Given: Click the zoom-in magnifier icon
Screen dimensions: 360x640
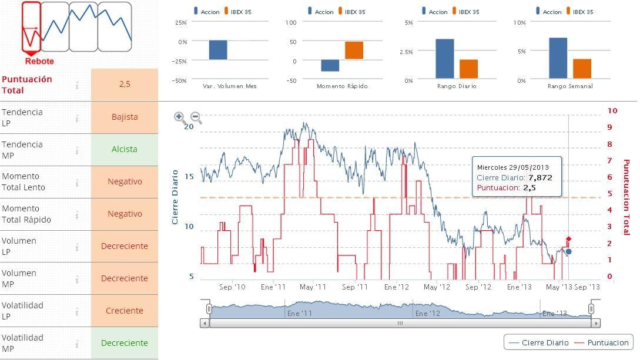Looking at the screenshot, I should pyautogui.click(x=180, y=117).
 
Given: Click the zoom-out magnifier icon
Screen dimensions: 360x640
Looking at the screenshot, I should pyautogui.click(x=196, y=117).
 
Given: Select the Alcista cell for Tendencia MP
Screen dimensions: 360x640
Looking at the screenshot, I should pyautogui.click(x=125, y=149).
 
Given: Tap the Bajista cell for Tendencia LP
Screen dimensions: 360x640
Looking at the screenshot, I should pyautogui.click(x=125, y=117).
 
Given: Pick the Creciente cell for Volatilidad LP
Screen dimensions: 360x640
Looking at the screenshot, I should pyautogui.click(x=125, y=311).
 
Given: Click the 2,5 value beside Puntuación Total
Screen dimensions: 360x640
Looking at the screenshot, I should pyautogui.click(x=125, y=84).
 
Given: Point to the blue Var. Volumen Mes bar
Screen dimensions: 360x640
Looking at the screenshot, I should pyautogui.click(x=218, y=50).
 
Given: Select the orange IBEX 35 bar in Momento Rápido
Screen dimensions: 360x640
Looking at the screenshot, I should pyautogui.click(x=354, y=51).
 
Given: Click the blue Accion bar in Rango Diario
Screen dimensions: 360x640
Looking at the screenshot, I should pyautogui.click(x=445, y=59).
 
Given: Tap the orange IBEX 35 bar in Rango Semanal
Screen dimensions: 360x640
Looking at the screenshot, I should pyautogui.click(x=582, y=69).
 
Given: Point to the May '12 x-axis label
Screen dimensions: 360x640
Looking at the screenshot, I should pyautogui.click(x=437, y=287).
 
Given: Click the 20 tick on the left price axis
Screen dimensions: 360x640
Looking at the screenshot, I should pyautogui.click(x=189, y=126).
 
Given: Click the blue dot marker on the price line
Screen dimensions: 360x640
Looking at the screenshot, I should pyautogui.click(x=568, y=251).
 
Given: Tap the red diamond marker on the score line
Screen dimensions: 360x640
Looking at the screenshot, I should pyautogui.click(x=568, y=239).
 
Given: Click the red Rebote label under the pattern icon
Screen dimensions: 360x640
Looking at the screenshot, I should pyautogui.click(x=39, y=61).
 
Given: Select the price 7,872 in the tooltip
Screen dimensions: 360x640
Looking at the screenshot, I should pyautogui.click(x=540, y=177).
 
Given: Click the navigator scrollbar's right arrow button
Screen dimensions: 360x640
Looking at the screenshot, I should pyautogui.click(x=596, y=323).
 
